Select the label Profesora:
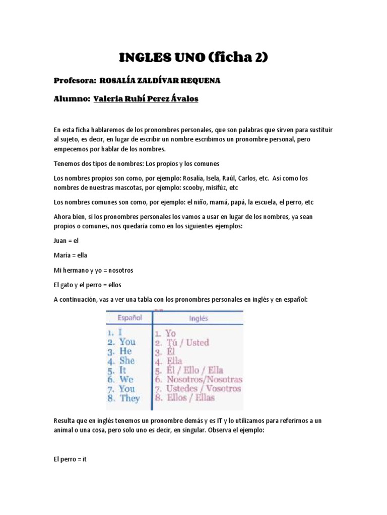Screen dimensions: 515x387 tap(75, 80)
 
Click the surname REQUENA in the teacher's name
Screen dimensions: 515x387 tap(199, 80)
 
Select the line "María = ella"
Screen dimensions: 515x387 tap(70, 255)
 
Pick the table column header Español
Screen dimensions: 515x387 tap(130, 318)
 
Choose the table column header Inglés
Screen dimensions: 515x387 tap(199, 318)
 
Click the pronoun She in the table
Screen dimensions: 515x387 tap(127, 361)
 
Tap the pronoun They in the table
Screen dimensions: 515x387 tap(130, 398)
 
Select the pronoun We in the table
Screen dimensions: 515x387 tap(126, 379)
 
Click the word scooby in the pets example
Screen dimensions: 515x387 tap(197, 188)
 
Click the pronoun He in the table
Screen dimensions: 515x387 tap(125, 351)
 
